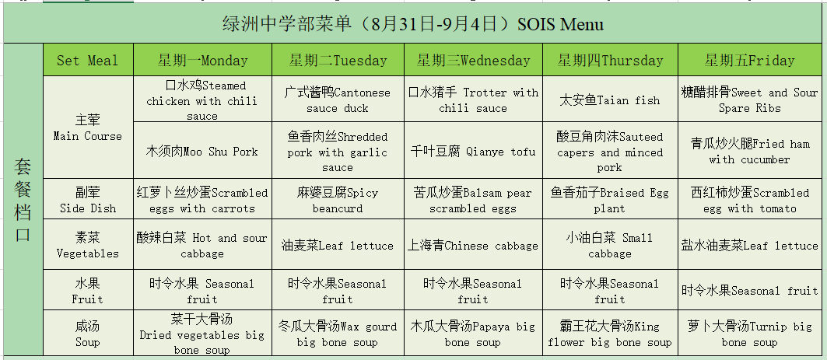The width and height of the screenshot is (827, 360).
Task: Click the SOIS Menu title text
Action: pos(413,24)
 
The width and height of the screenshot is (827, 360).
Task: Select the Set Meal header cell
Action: pos(88,60)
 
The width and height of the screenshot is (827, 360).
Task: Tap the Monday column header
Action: pos(202,60)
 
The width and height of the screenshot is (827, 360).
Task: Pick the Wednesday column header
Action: pos(473,60)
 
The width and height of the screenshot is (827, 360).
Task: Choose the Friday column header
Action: pos(749,60)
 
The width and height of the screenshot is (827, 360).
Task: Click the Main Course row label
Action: pos(88,128)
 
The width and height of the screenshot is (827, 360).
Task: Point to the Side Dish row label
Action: pos(88,199)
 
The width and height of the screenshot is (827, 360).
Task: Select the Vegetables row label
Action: pos(88,245)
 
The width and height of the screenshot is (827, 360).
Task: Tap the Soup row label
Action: pos(88,333)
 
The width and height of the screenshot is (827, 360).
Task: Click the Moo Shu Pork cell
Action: pos(202,151)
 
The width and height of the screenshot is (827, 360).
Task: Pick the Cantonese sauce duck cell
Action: pos(338,100)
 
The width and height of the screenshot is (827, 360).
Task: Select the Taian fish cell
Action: pos(610,100)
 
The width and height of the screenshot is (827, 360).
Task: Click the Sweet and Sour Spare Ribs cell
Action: pos(749,100)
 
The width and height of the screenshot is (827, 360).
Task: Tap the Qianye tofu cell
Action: pos(473,151)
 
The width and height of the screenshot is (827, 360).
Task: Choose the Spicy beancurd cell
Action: pos(338,199)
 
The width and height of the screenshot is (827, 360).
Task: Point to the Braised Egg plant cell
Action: pos(610,199)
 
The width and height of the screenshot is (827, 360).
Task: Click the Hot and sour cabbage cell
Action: pos(202,245)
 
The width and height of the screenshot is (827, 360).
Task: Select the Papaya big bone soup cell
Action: pos(473,333)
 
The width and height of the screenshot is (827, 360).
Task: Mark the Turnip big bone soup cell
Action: pos(749,333)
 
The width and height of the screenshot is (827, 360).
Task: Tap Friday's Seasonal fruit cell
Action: pos(749,291)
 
